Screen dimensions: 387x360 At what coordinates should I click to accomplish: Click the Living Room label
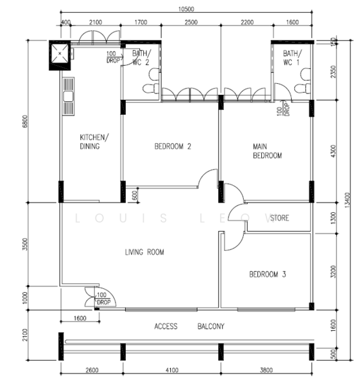(x=144, y=253)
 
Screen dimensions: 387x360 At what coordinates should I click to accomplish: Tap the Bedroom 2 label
(x=172, y=146)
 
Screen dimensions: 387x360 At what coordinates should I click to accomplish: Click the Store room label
(x=279, y=218)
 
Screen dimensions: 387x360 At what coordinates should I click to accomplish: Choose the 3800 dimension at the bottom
(x=266, y=370)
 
